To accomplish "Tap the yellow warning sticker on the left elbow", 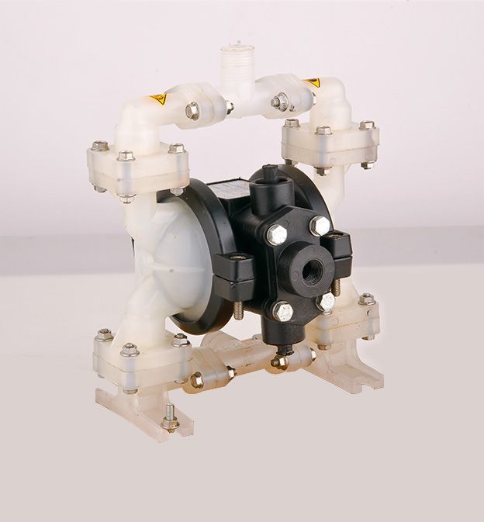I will click(158, 99).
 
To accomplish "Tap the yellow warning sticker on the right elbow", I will click(311, 82).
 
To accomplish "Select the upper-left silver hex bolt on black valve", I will click(277, 233).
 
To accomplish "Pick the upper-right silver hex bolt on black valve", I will click(319, 225).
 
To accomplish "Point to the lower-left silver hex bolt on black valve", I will click(283, 312).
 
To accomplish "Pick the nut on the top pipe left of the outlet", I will click(192, 111).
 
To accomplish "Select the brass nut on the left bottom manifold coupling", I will click(198, 380).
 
